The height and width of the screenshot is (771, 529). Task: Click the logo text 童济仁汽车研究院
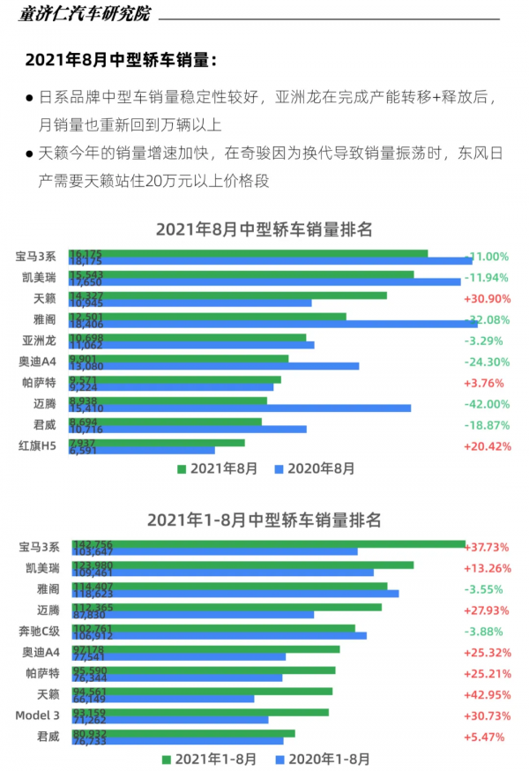coord(84,14)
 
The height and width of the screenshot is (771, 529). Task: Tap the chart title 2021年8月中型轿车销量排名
coord(264,229)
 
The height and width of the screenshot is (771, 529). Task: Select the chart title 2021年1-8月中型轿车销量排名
coord(264,520)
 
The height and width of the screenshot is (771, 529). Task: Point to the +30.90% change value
coord(487,299)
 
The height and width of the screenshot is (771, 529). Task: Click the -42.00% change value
coord(487,404)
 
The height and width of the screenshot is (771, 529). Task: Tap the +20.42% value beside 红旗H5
coord(487,446)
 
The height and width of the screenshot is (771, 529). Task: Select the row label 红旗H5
coord(38,446)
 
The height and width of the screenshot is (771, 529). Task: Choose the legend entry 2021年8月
coord(217,469)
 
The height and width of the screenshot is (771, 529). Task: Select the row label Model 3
coord(37,715)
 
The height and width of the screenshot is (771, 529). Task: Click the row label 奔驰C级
coord(40,631)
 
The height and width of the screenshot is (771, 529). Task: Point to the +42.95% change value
coord(487,694)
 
